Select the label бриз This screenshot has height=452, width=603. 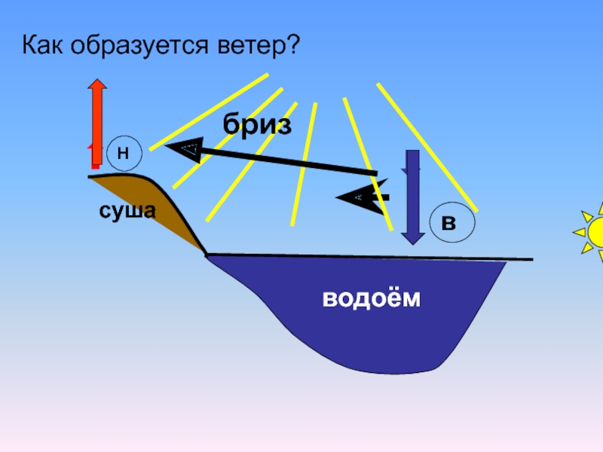coord(256,124)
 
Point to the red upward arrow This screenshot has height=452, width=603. coord(96,124)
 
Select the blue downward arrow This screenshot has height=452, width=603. coord(412,196)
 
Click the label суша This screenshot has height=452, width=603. coord(127,211)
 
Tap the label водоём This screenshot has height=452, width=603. coord(372,299)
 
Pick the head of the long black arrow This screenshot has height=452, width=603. coord(181,148)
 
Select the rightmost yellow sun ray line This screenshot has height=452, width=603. coord(427,146)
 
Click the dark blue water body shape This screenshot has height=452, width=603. coord(362,316)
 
